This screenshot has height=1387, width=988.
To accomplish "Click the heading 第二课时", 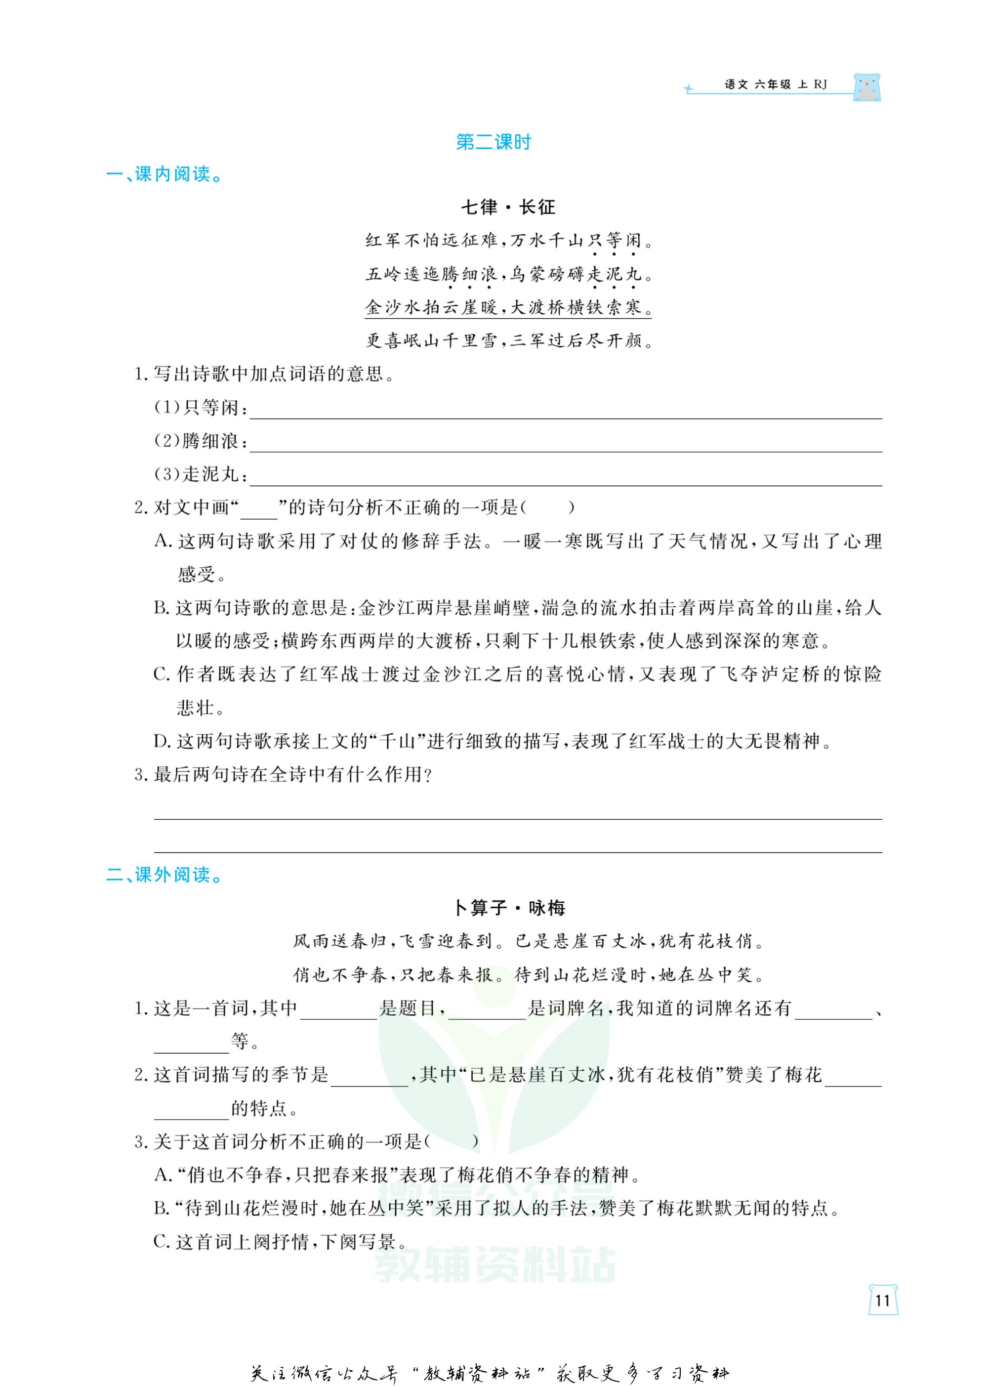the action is [x=494, y=142].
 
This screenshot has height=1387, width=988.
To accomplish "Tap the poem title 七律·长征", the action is [x=508, y=208].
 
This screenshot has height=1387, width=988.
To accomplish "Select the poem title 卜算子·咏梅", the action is [x=510, y=908].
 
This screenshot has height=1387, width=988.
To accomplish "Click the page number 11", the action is [x=883, y=1301].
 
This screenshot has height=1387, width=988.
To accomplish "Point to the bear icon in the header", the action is [x=866, y=87].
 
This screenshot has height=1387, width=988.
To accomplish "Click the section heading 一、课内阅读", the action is [x=165, y=174].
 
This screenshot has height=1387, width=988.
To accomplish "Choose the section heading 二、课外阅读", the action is [x=165, y=875].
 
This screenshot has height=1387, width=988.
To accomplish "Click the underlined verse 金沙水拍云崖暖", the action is [x=432, y=307].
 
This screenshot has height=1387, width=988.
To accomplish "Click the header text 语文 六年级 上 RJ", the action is [x=776, y=85].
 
